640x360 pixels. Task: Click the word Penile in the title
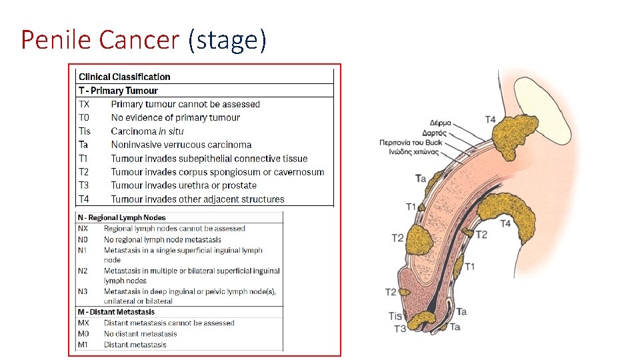56,40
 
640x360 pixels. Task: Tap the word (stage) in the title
227,40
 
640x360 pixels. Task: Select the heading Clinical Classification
125,77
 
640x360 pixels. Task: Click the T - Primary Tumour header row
119,91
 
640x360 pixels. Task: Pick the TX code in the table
84,104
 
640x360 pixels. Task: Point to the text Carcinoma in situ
147,131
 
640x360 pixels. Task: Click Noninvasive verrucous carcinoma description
181,145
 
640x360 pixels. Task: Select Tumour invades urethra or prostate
184,185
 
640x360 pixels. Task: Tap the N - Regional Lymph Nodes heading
122,217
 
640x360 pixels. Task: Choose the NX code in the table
84,229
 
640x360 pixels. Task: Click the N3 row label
84,291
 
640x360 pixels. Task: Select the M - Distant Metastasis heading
117,312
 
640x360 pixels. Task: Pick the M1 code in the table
84,345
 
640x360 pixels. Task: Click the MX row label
84,323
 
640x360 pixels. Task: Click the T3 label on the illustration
400,329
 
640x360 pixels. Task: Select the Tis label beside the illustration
395,316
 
